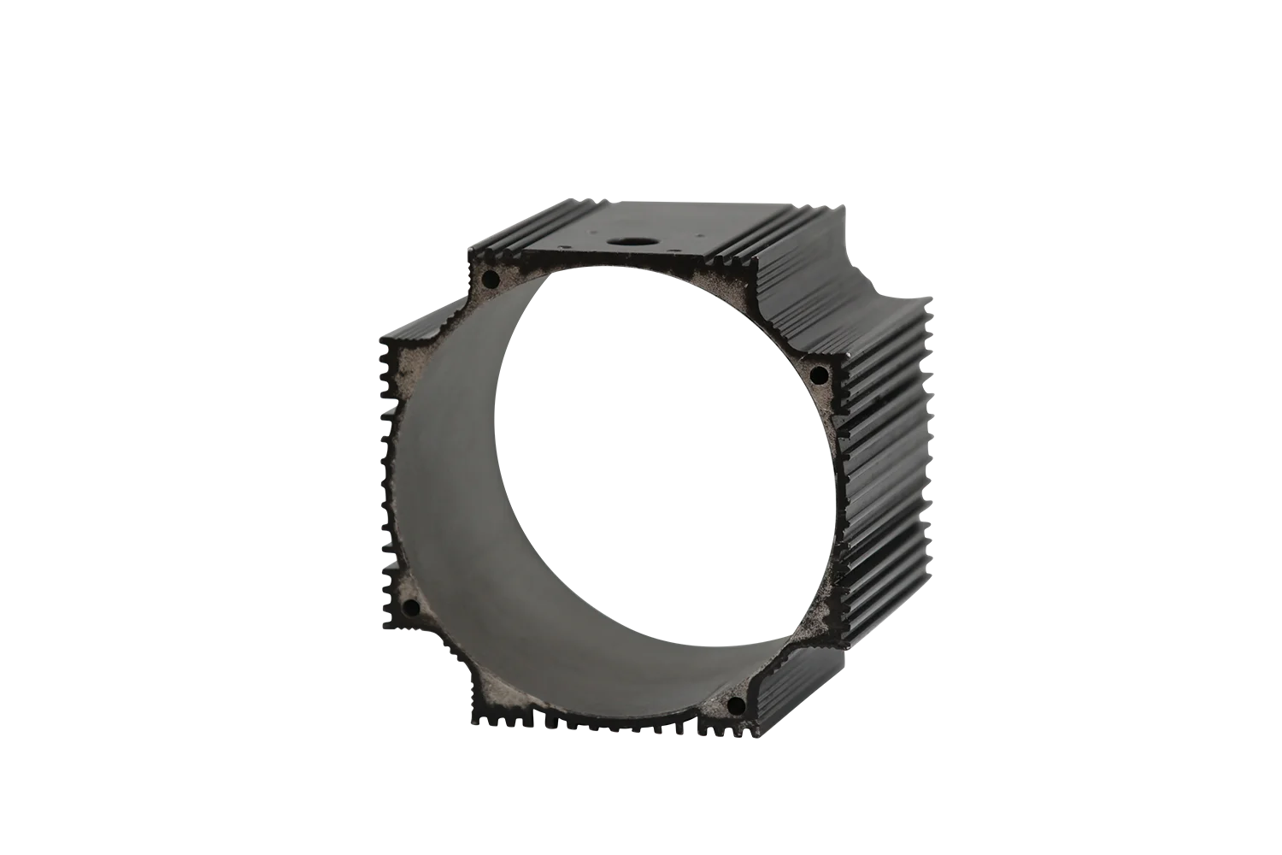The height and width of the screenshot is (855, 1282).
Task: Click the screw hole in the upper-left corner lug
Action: click(491, 279)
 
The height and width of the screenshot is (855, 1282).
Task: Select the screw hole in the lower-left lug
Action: click(411, 608)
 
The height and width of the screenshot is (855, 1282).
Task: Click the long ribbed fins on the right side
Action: click(889, 427)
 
